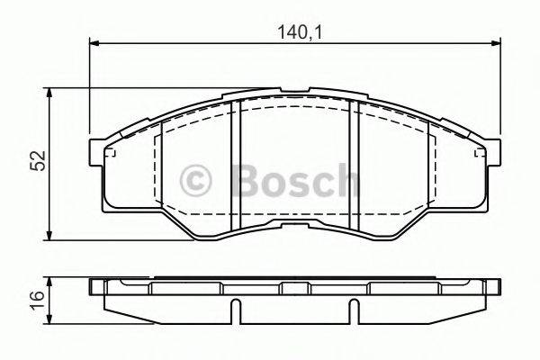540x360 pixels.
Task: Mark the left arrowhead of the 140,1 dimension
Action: click(x=94, y=43)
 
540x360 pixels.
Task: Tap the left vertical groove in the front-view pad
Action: click(x=238, y=166)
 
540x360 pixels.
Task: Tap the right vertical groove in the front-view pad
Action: click(x=355, y=166)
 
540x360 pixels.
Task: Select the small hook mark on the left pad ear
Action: click(x=113, y=154)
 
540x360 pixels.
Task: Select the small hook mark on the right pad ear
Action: click(x=478, y=154)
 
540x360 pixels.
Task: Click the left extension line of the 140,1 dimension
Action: click(x=89, y=90)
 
